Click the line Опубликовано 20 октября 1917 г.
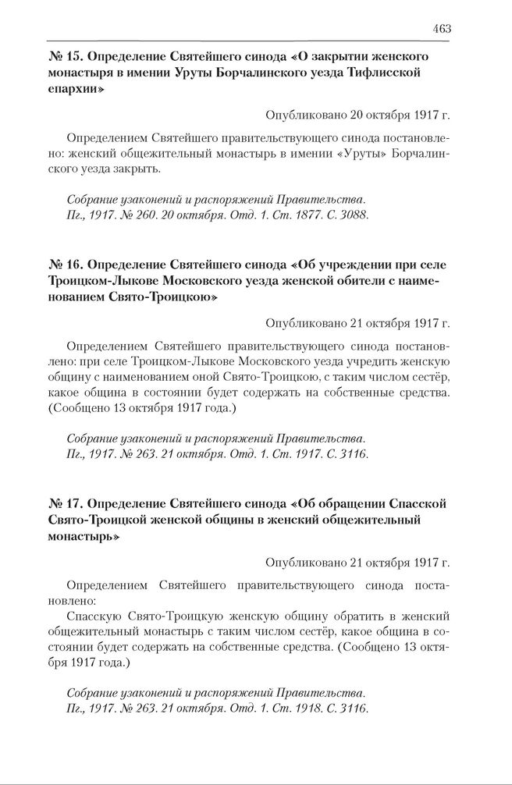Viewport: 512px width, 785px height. click(x=357, y=115)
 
